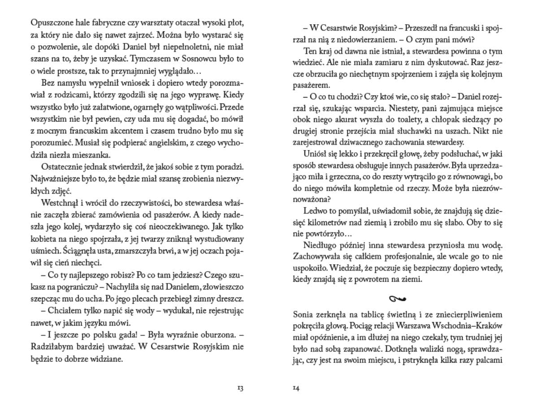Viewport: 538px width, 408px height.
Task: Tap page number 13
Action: [x=240, y=388]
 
